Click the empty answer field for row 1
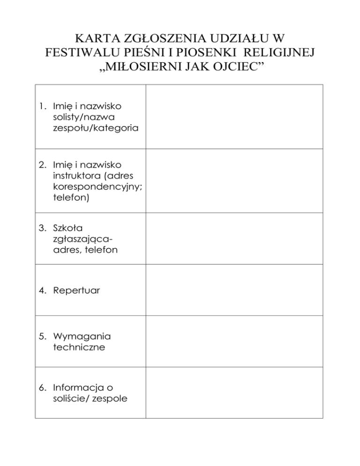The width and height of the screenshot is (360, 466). tap(234, 117)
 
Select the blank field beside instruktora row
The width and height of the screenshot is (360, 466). tap(234, 181)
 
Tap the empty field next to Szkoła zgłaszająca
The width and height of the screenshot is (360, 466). tap(234, 238)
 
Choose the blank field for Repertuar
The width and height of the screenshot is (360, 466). tap(234, 290)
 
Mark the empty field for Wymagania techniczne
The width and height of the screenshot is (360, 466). tap(234, 341)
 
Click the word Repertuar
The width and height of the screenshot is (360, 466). tap(76, 291)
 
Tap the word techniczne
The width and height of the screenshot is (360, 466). tap(79, 347)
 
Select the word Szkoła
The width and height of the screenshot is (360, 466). tap(68, 229)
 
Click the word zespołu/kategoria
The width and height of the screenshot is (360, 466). tap(96, 128)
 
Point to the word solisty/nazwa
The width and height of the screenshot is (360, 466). tap(85, 117)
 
